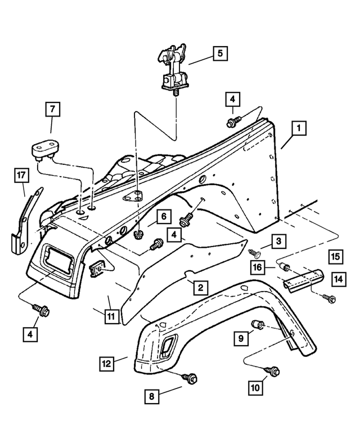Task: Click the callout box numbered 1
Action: click(299, 128)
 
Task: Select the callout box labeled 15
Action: click(335, 257)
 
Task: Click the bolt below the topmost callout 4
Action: click(232, 122)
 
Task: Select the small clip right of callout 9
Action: click(259, 325)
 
